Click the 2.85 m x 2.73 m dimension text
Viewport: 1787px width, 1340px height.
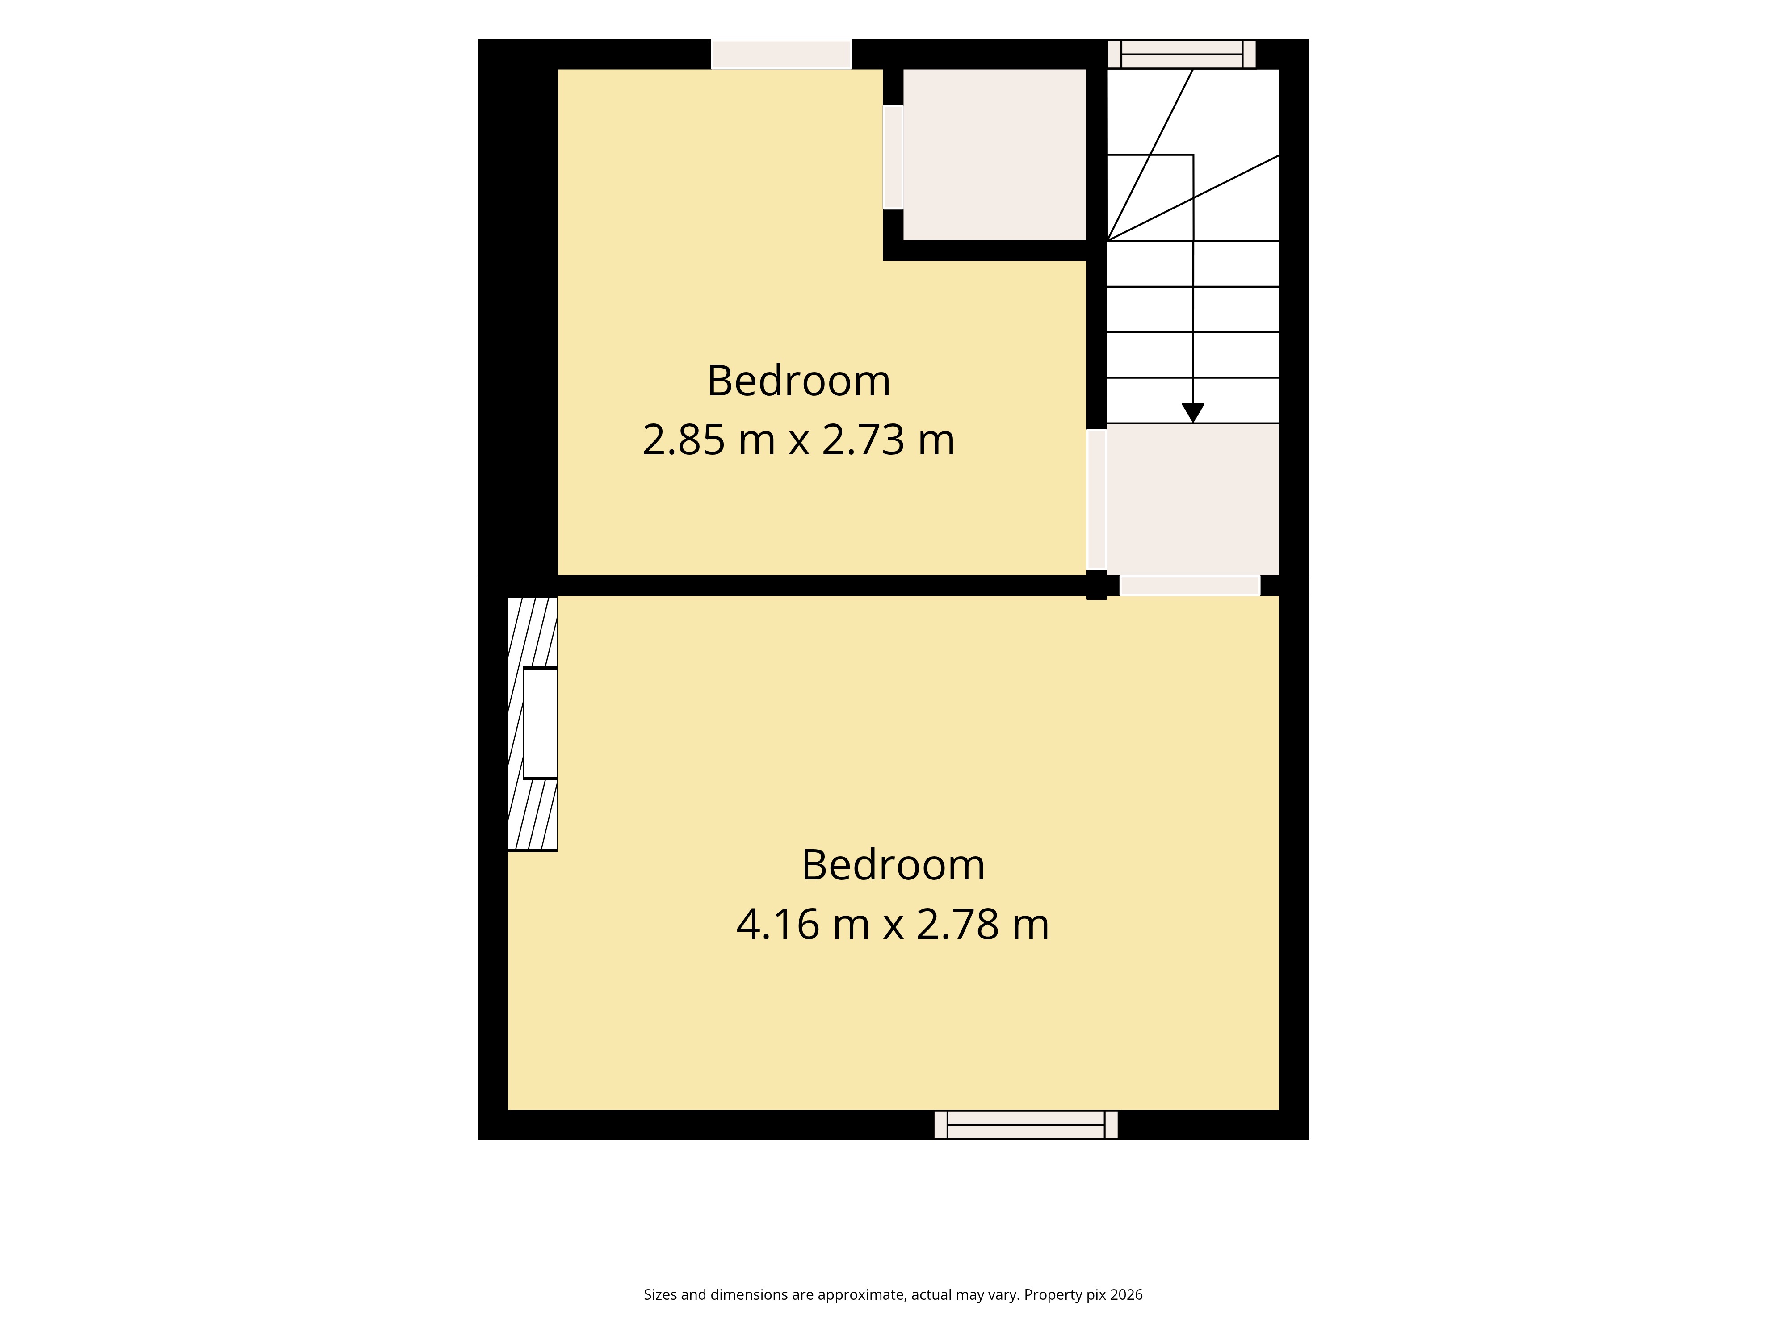(x=798, y=440)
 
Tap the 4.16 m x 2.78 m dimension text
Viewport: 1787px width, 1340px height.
(x=893, y=925)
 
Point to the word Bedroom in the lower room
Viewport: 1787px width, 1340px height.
(x=893, y=865)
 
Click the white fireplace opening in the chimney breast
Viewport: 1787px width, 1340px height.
(x=541, y=723)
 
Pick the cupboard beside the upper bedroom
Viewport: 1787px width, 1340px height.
(x=994, y=154)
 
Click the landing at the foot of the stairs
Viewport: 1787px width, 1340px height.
(x=1192, y=499)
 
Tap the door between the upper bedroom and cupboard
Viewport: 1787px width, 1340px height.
(x=893, y=158)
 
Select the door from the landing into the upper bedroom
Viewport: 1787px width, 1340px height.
(x=1096, y=500)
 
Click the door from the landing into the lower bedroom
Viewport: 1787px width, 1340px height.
(x=1190, y=586)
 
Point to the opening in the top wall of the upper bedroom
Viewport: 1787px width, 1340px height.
(x=781, y=54)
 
